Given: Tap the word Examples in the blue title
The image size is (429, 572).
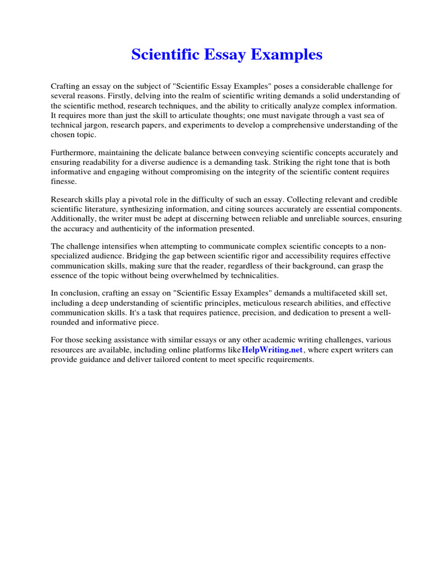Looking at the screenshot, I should pos(289,55).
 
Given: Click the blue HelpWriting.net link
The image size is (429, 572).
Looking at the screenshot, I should pos(272,350).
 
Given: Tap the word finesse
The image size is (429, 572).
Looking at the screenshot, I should pos(64,181).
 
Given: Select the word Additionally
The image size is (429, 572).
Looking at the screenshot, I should pos(74,219).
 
